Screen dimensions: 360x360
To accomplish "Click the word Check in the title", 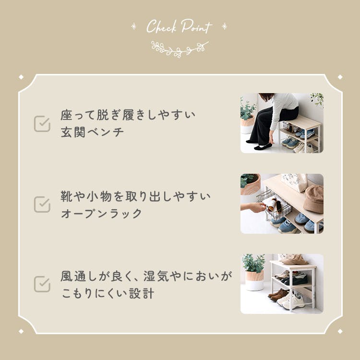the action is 162,26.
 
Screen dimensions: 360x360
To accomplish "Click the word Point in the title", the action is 196,26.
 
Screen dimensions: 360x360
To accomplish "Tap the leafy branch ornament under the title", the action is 180,49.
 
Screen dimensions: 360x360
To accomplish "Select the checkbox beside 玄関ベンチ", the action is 42,124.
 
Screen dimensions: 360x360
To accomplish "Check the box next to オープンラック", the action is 42,204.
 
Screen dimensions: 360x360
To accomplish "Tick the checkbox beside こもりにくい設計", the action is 42,284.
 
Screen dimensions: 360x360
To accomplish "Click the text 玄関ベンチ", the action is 92,132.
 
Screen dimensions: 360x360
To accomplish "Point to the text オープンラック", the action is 101,214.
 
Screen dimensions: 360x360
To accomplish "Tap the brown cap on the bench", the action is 313,199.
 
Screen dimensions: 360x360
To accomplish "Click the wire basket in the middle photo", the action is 274,205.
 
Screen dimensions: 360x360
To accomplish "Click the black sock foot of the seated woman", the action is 263,146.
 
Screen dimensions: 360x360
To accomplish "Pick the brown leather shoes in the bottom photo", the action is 278,295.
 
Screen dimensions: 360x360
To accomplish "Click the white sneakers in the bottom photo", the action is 291,301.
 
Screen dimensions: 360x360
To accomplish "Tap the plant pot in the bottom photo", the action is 254,280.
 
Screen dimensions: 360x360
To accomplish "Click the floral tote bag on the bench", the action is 294,182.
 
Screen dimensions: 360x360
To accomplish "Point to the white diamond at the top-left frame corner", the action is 21,77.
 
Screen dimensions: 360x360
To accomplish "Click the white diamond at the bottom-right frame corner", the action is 340,331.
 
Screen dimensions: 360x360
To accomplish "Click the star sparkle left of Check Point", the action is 133,26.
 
